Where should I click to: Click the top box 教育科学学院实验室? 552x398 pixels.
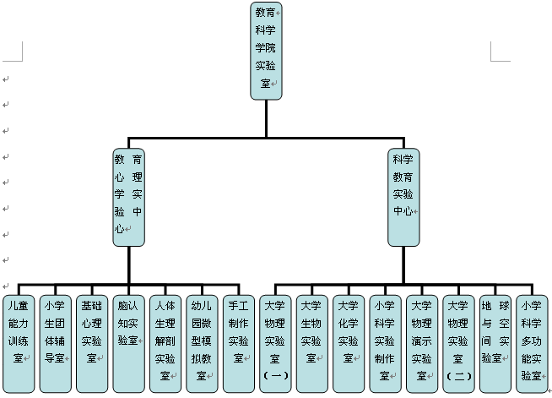267,51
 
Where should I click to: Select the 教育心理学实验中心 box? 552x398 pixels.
128,198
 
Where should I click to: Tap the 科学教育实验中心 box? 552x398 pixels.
403,198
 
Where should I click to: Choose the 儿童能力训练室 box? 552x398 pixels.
19,342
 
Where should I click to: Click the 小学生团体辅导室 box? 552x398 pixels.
55,342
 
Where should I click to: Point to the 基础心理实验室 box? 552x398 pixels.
91,342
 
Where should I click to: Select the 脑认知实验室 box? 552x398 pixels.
128,342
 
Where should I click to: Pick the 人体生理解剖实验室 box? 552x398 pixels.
165,342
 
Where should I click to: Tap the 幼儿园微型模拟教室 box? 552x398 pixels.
201,342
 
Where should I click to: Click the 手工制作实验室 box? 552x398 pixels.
237,342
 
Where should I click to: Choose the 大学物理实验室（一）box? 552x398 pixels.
275,342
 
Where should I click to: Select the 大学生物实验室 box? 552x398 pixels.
311,342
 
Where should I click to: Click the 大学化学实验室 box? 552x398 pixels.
348,342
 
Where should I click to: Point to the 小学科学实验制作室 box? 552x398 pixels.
385,342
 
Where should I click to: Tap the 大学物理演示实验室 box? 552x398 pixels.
421,342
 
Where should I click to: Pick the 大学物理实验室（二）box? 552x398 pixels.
458,342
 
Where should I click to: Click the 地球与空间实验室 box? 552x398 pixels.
495,342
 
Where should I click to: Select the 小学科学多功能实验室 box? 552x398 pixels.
532,342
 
